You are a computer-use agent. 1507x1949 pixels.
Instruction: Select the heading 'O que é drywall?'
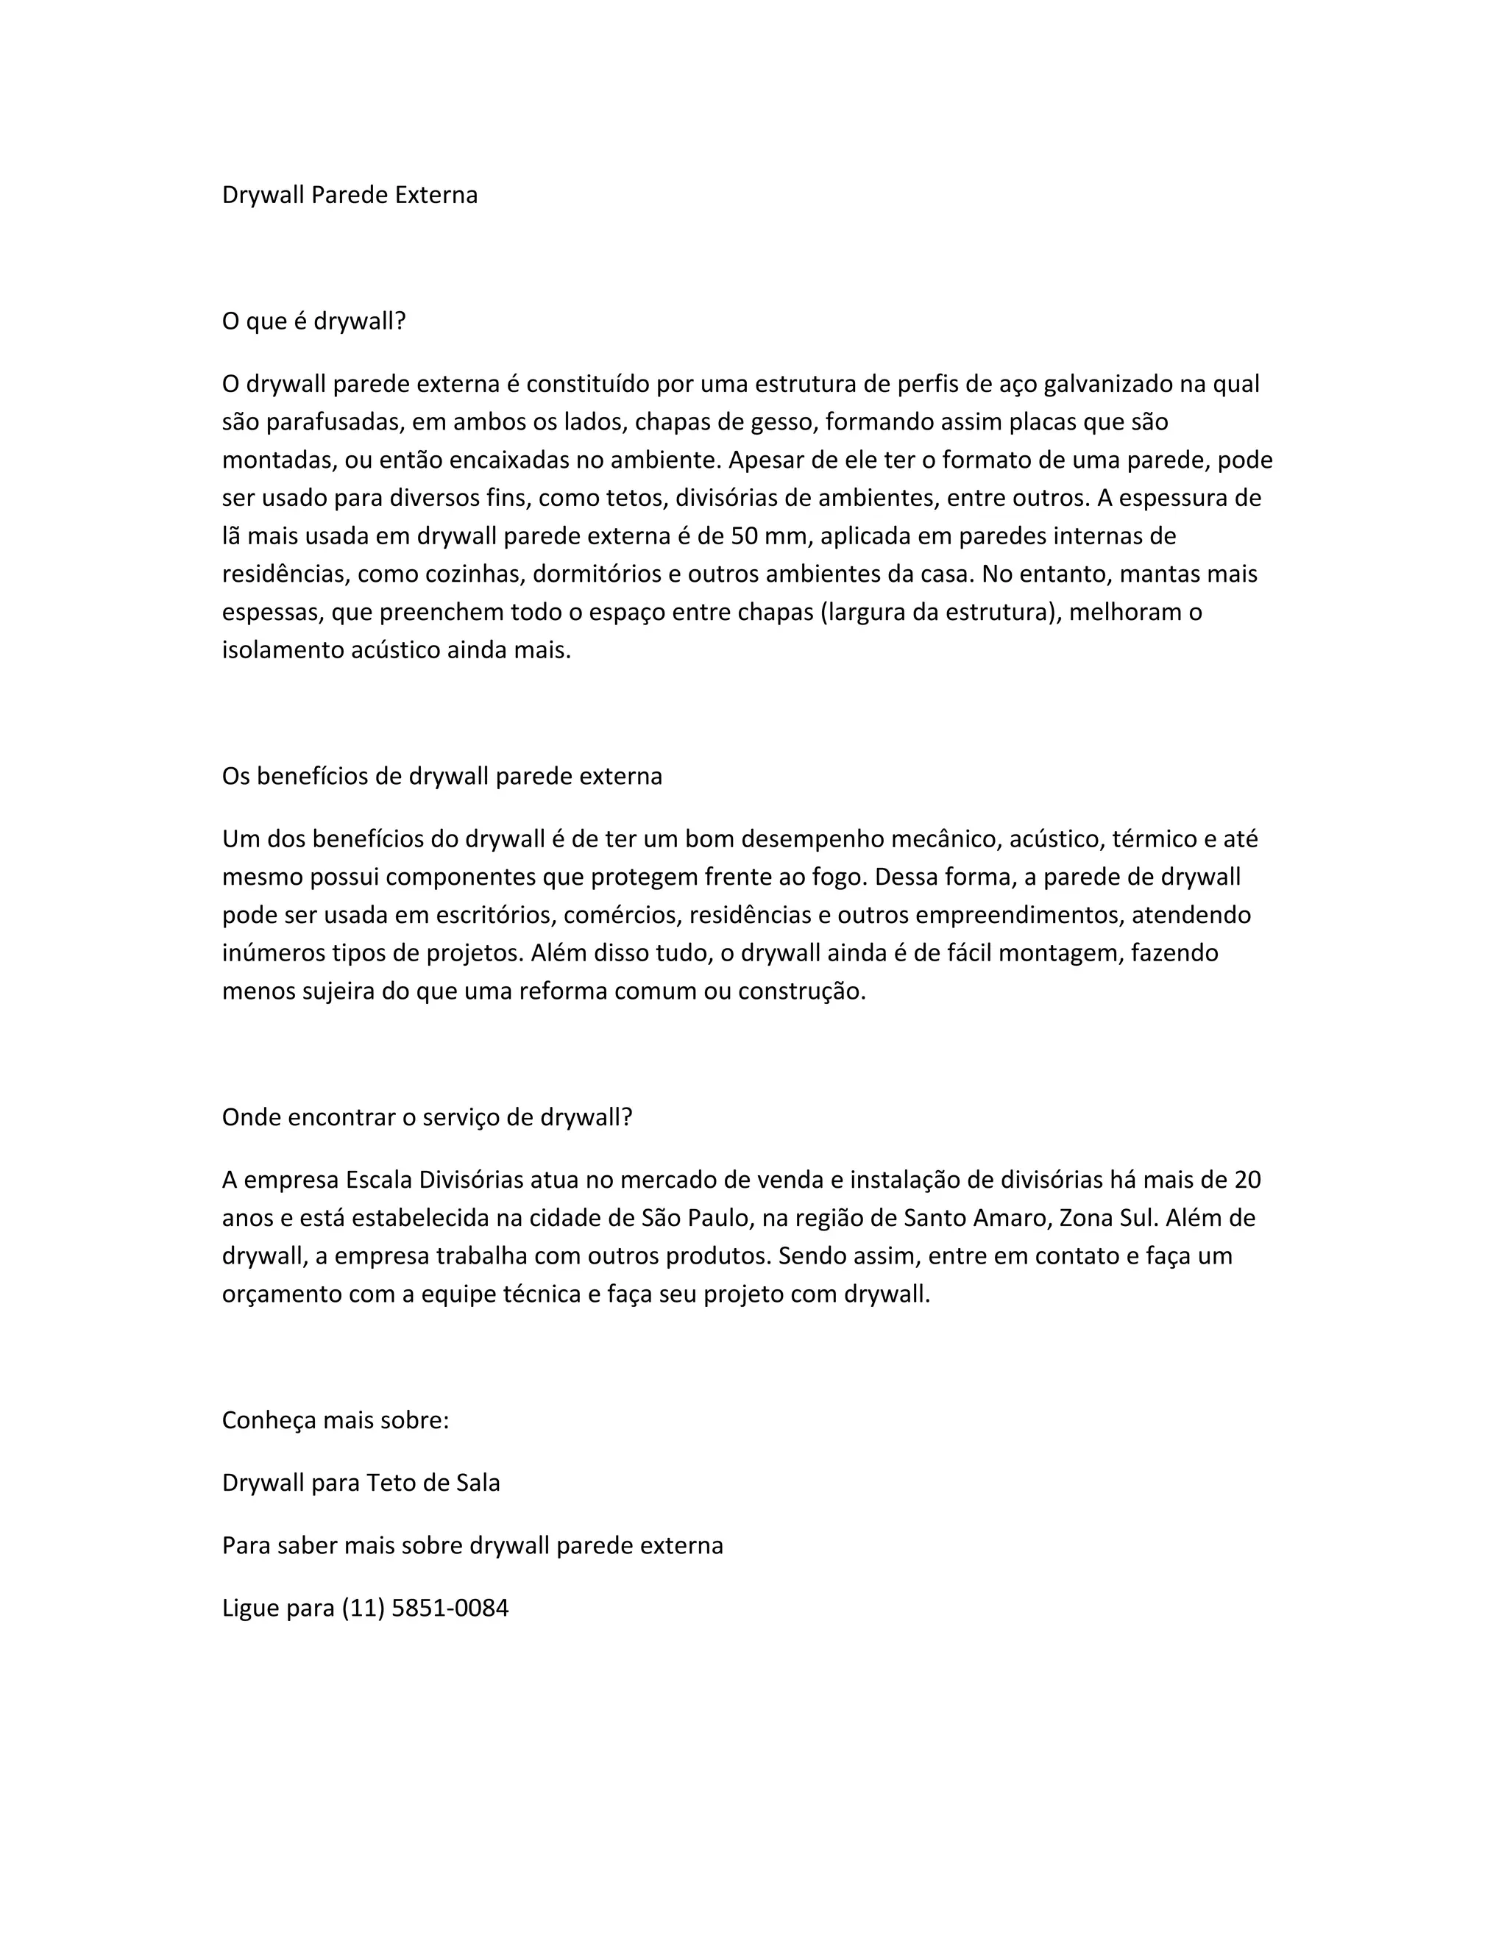[x=313, y=321]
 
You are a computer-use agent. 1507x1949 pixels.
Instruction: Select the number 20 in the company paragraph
[x=1247, y=1180]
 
